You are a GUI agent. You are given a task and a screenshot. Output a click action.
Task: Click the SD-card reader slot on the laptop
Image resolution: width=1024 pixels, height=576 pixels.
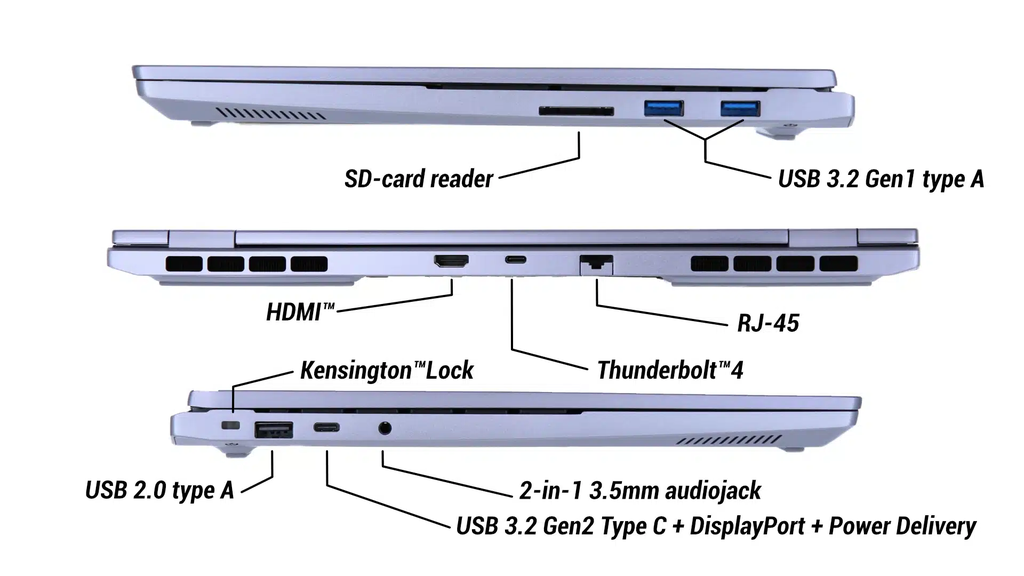tap(577, 109)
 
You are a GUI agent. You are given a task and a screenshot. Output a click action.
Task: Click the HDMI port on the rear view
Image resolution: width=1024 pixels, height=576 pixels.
tap(451, 262)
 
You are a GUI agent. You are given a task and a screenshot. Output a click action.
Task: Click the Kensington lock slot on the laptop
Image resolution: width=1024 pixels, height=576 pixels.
tap(232, 426)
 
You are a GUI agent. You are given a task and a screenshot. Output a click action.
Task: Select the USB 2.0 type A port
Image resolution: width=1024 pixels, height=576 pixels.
tap(273, 431)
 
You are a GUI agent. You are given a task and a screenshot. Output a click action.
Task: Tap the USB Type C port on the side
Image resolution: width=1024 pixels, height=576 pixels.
tap(327, 429)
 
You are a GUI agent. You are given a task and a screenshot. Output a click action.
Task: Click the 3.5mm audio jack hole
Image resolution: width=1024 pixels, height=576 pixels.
tap(385, 430)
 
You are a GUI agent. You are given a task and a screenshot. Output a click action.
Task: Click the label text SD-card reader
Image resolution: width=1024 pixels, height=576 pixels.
tap(418, 180)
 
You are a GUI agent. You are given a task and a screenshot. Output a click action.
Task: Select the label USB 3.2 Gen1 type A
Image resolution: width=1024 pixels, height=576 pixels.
tap(881, 180)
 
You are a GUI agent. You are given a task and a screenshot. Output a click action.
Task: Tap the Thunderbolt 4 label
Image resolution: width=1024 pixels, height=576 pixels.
tap(670, 370)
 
